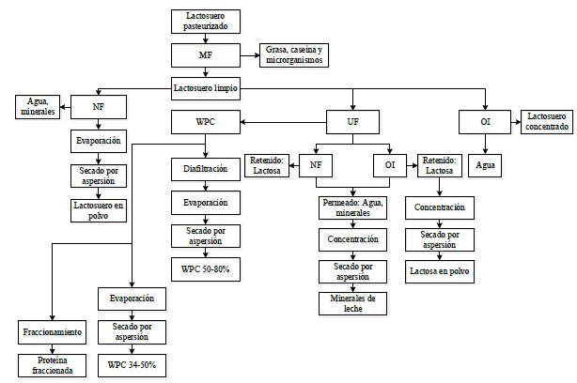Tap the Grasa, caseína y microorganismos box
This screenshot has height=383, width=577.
[294, 55]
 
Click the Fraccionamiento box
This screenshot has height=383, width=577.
[53, 332]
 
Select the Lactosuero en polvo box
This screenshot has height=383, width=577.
[98, 209]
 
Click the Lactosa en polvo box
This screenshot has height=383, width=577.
[440, 270]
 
